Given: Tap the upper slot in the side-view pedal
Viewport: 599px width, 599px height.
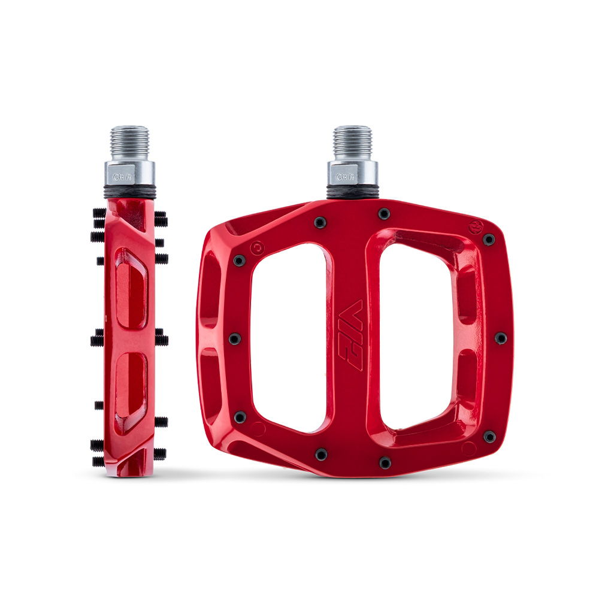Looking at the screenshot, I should [130, 289].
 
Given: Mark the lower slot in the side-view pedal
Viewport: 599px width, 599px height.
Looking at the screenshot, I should [130, 392].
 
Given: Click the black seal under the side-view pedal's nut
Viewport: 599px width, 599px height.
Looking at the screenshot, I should [129, 192].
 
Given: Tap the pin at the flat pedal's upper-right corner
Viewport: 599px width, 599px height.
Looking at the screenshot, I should [489, 240].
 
